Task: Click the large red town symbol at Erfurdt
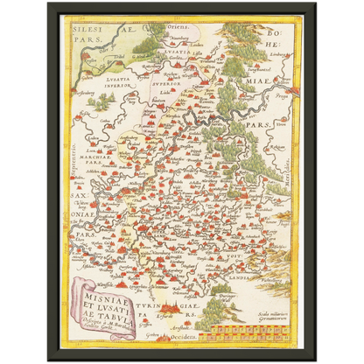[181, 311]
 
